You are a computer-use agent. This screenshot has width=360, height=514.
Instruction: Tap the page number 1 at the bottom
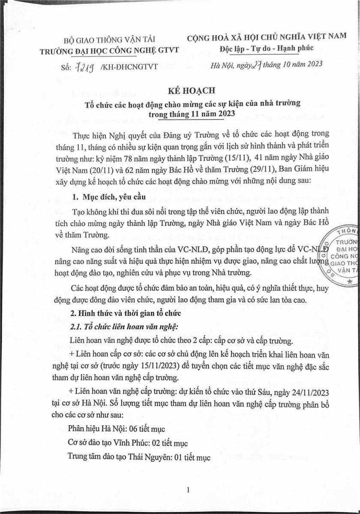pyautogui.click(x=188, y=490)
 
